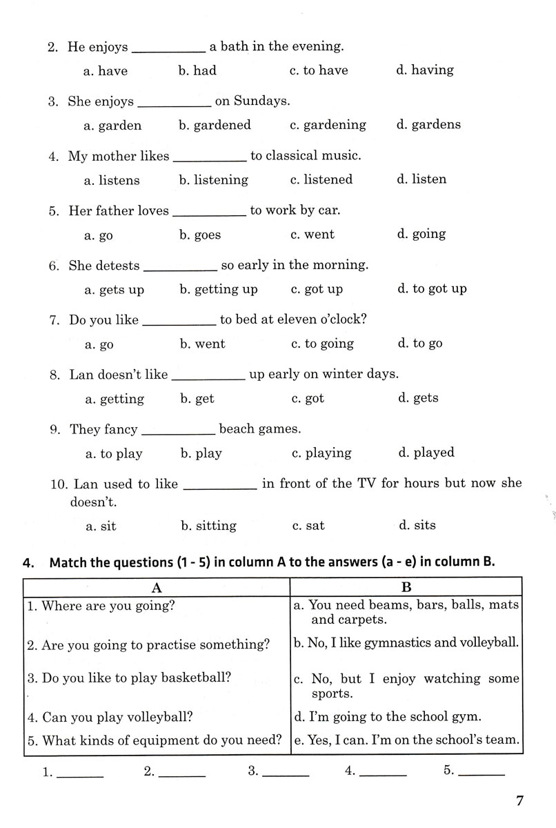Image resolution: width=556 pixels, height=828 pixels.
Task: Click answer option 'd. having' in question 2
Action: click(425, 70)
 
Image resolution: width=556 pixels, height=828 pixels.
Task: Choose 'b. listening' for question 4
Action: click(213, 179)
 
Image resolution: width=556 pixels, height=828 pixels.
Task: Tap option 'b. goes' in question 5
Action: click(200, 235)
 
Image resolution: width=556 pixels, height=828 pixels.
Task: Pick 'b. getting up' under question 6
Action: click(218, 289)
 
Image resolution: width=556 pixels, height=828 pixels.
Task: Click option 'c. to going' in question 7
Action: click(322, 344)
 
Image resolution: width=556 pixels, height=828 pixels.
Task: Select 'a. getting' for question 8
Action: click(115, 399)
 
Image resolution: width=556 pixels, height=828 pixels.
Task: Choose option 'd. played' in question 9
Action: click(426, 453)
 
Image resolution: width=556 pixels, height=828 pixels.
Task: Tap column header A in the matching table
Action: click(157, 587)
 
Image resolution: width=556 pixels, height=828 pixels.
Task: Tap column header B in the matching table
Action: click(406, 587)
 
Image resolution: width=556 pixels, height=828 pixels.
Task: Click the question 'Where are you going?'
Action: click(101, 606)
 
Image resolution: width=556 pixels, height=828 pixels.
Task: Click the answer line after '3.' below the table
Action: click(286, 773)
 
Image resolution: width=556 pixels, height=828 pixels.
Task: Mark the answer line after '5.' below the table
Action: click(481, 773)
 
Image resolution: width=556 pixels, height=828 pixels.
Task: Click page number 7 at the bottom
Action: click(519, 801)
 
